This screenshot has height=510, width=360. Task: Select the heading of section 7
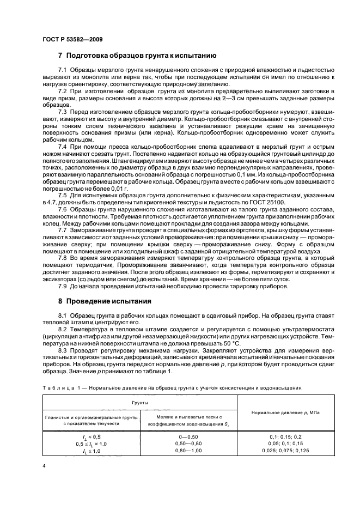(x=137, y=56)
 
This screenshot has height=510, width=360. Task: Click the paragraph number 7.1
(x=63, y=72)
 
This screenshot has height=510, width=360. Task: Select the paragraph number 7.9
(x=63, y=287)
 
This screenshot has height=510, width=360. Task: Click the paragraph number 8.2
(x=63, y=330)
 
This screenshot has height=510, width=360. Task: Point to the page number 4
(x=45, y=466)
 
